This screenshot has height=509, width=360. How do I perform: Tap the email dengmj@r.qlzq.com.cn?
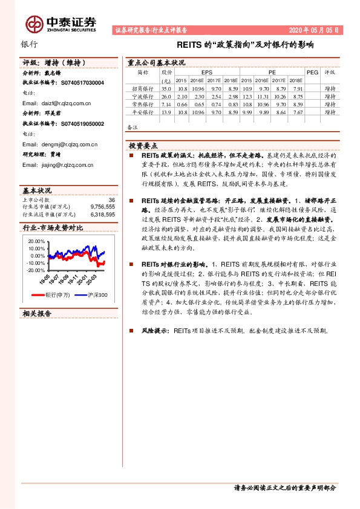tap(60, 144)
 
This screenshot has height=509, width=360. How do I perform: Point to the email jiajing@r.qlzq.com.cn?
tap(57, 165)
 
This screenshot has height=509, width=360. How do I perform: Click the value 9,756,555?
tap(102, 206)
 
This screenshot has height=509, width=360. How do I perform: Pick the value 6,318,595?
tap(102, 213)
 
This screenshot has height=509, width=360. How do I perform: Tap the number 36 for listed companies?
tap(111, 199)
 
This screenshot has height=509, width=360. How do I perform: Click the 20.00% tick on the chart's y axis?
tap(37, 241)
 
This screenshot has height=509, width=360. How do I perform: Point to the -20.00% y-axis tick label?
tap(36, 270)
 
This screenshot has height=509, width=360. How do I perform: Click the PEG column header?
tap(312, 72)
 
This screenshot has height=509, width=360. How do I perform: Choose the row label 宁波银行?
tap(143, 96)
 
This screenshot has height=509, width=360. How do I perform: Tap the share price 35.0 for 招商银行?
tap(166, 88)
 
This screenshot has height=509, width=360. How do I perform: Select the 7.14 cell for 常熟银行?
tap(166, 104)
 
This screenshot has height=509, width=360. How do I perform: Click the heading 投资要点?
tap(143, 146)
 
